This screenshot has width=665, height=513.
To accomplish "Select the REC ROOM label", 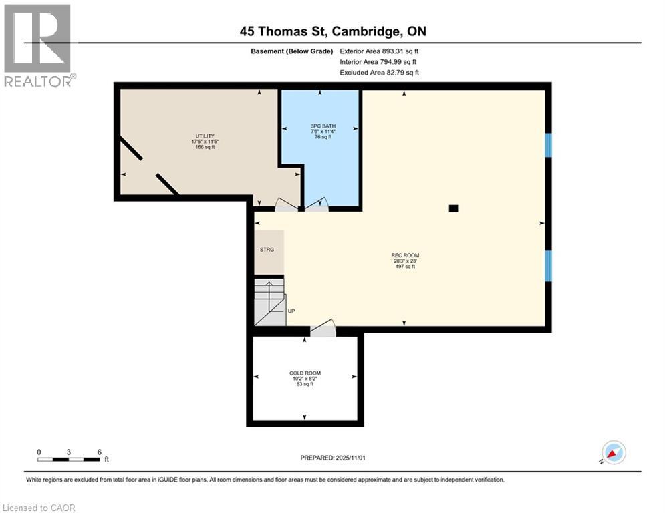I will [405, 255].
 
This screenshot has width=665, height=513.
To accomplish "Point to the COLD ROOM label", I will [305, 373].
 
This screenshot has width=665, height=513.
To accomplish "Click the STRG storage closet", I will [267, 250].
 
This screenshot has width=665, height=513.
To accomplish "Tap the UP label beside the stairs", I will [291, 311].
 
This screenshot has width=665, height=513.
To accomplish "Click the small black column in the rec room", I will [454, 208].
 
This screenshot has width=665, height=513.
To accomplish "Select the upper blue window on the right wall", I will [548, 145].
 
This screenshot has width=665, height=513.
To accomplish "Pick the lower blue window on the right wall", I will [548, 265].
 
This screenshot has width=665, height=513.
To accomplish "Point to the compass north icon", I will [614, 452].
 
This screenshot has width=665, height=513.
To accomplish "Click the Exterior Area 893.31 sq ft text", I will [379, 51].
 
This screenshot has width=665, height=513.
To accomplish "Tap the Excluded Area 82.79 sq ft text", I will [379, 73].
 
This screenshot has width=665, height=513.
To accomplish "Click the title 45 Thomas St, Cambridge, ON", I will [333, 31].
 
